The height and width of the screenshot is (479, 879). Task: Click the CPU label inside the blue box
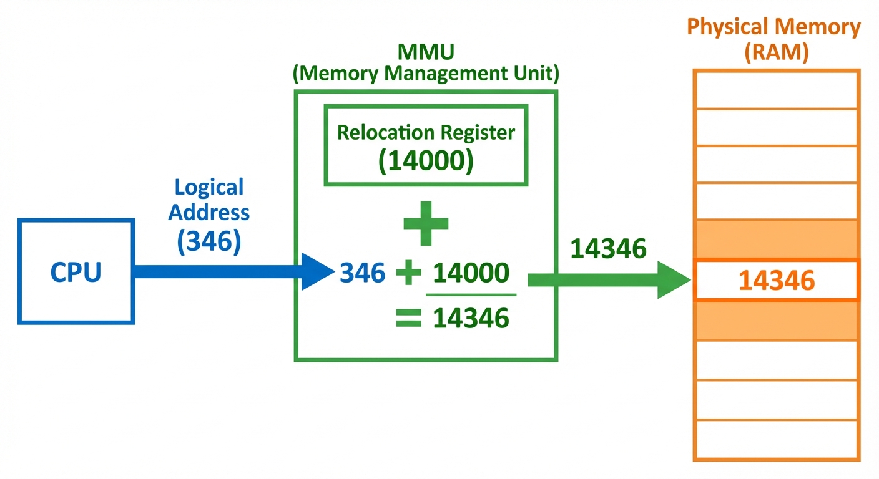click(x=76, y=273)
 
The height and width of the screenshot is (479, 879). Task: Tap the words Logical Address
click(x=209, y=200)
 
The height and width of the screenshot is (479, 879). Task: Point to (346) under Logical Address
click(x=209, y=241)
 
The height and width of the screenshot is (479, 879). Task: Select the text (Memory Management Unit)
click(x=426, y=74)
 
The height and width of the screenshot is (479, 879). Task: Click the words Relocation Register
click(x=426, y=132)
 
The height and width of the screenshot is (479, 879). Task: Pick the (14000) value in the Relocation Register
click(x=426, y=161)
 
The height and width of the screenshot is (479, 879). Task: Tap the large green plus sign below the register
click(x=426, y=223)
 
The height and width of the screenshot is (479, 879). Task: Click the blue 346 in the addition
click(x=363, y=273)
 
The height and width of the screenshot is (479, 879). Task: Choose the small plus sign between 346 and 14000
click(x=408, y=273)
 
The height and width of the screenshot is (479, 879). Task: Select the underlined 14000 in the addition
click(x=471, y=273)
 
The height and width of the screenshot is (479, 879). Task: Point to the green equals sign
click(x=408, y=319)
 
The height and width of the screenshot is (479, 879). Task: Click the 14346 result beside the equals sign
click(x=471, y=319)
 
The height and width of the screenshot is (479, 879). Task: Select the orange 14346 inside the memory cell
click(x=777, y=281)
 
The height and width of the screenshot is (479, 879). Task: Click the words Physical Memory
click(x=773, y=27)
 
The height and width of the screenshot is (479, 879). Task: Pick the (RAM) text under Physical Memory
click(x=776, y=52)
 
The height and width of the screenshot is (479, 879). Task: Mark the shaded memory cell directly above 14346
click(x=777, y=239)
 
